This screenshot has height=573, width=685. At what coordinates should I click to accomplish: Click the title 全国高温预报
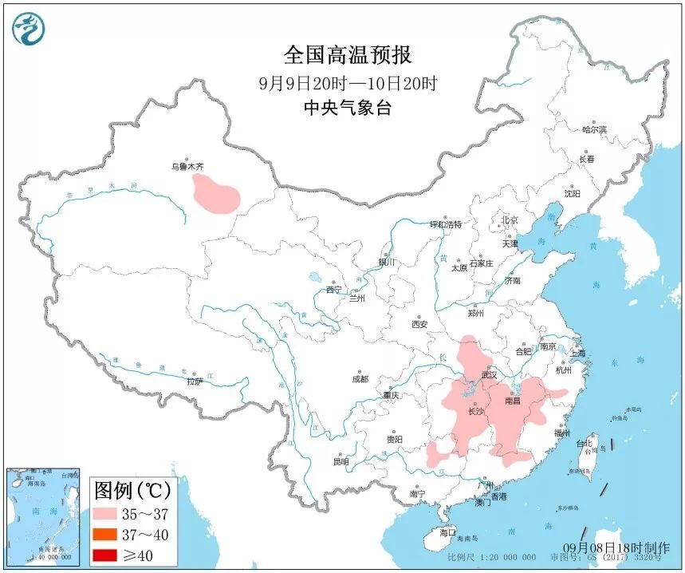(348, 55)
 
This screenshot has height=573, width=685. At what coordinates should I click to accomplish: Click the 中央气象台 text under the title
(348, 108)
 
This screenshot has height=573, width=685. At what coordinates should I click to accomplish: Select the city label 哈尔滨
(594, 128)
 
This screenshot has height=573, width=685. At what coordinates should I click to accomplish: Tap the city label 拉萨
(195, 381)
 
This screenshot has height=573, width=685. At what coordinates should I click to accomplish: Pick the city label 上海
(577, 353)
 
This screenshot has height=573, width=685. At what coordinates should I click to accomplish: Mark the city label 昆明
(341, 461)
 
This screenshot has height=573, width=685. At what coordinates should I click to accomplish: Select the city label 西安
(420, 324)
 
